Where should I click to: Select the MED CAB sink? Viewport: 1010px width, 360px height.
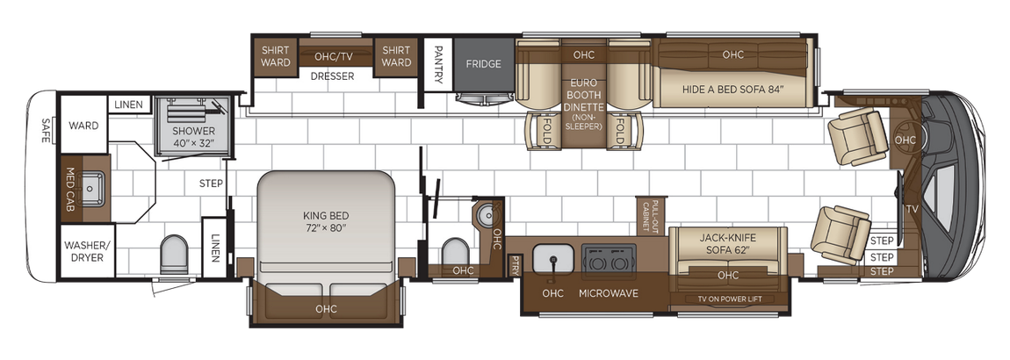92,187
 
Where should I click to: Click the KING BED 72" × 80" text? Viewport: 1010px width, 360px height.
326,220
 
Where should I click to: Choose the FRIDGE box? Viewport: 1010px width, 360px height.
483,64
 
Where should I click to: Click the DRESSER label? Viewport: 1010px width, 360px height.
332,76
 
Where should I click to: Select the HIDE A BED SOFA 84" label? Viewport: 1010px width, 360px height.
732,89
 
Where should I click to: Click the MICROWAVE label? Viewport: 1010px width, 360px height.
609,292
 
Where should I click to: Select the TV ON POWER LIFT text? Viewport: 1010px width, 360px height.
728,299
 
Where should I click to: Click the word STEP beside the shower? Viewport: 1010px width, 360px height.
211,184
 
